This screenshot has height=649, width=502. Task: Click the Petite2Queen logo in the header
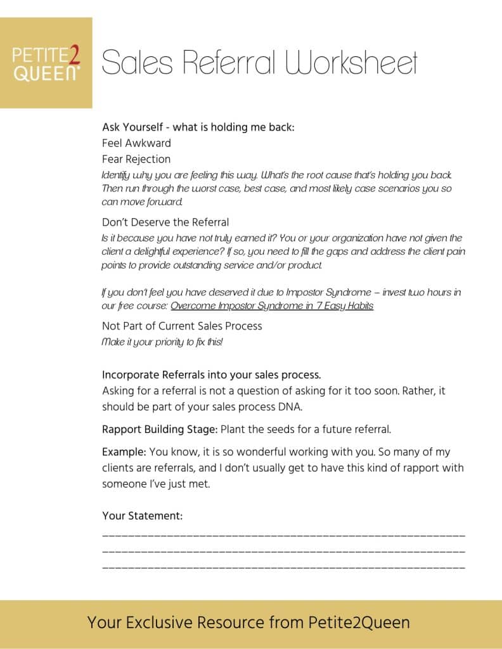(x=46, y=63)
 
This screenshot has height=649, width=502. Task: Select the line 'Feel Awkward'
(x=136, y=143)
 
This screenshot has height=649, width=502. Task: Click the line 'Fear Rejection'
(x=136, y=159)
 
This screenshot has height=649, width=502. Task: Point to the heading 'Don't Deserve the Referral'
(x=165, y=222)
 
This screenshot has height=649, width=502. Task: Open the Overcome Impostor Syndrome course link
(x=272, y=305)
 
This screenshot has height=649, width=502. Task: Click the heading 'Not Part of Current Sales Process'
(x=182, y=326)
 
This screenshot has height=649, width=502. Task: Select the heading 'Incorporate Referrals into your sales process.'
(x=216, y=375)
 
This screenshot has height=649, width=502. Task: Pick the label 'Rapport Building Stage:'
(x=160, y=430)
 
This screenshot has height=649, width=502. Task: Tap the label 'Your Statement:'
(x=142, y=516)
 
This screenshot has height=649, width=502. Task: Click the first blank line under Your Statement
(x=283, y=536)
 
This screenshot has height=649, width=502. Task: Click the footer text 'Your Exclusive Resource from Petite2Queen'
(x=248, y=622)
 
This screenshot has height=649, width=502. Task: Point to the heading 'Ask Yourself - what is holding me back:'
(x=198, y=127)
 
